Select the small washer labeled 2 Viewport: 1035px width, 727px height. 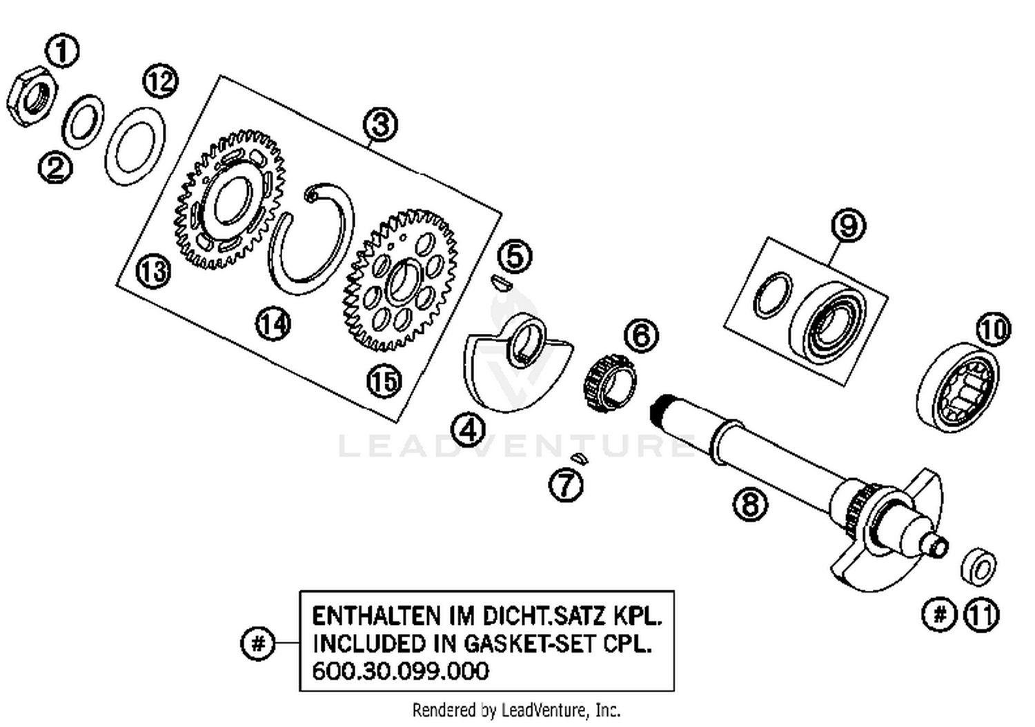point(83,122)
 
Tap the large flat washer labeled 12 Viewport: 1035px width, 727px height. point(135,146)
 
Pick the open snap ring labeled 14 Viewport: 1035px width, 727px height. point(310,239)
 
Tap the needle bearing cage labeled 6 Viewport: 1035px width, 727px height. point(611,383)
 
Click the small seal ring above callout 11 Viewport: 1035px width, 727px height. point(978,566)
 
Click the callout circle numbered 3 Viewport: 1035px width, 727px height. point(381,125)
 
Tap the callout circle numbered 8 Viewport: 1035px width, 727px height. point(750,504)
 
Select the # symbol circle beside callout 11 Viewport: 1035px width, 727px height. point(939,613)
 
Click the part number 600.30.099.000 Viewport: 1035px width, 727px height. point(401,670)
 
